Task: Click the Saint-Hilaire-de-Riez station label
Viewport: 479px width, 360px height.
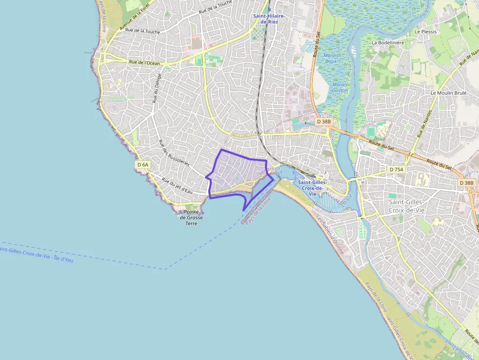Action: (x=269, y=19)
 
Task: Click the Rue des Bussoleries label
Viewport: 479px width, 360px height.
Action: (x=174, y=152)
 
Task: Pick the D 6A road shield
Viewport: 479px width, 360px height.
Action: (x=143, y=165)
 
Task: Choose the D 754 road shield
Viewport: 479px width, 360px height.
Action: (x=396, y=169)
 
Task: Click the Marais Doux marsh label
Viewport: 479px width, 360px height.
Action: (x=331, y=58)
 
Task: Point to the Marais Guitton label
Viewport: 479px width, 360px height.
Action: (x=340, y=87)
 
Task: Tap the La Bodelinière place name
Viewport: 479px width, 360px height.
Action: (x=388, y=42)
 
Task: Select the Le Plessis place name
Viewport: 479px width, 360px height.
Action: (x=425, y=31)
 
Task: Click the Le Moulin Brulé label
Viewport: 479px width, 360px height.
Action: (x=449, y=92)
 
